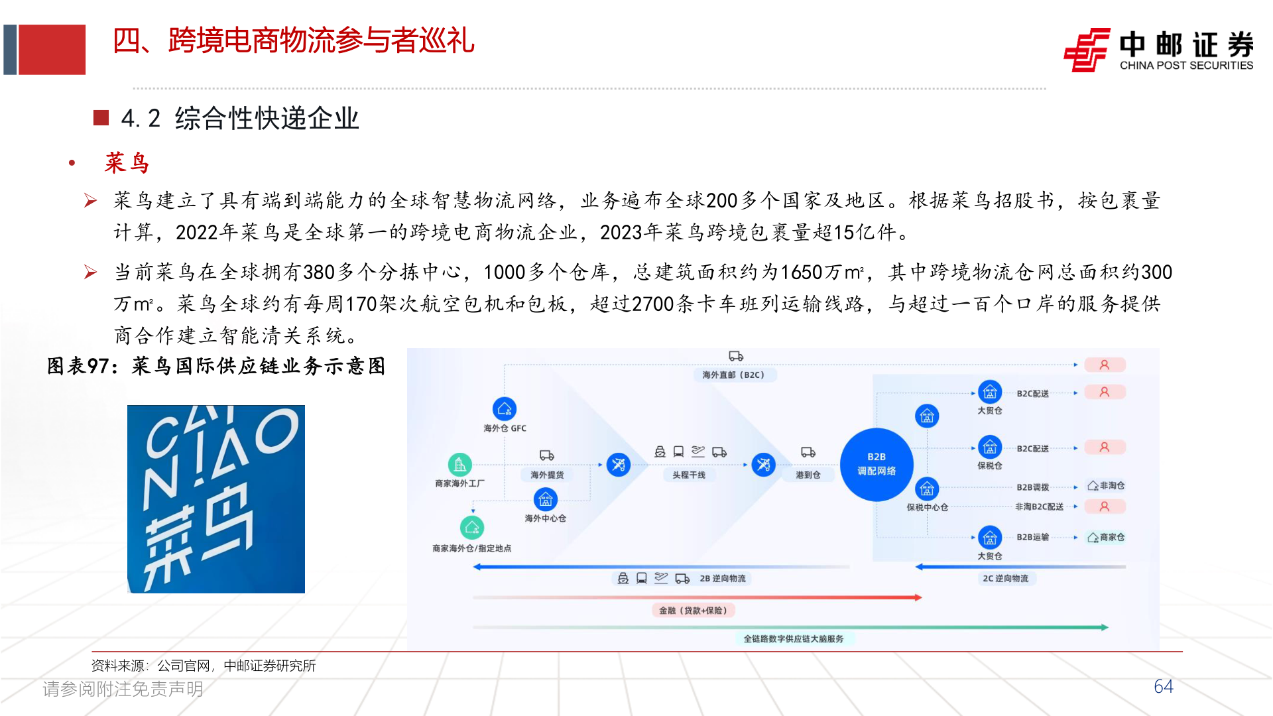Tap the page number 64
point(1163,686)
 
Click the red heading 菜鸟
point(127,162)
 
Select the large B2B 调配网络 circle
point(877,464)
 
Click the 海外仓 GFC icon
point(505,409)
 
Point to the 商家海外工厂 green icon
point(459,465)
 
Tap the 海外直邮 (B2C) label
point(733,375)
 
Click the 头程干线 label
point(689,475)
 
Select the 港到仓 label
point(808,475)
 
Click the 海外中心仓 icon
point(545,500)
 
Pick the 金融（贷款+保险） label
point(693,610)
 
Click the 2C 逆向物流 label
point(1005,578)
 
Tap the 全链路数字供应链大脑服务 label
point(793,638)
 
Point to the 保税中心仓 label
point(927,507)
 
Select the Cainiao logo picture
point(216,499)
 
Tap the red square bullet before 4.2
point(101,118)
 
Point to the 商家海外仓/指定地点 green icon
point(472,528)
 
